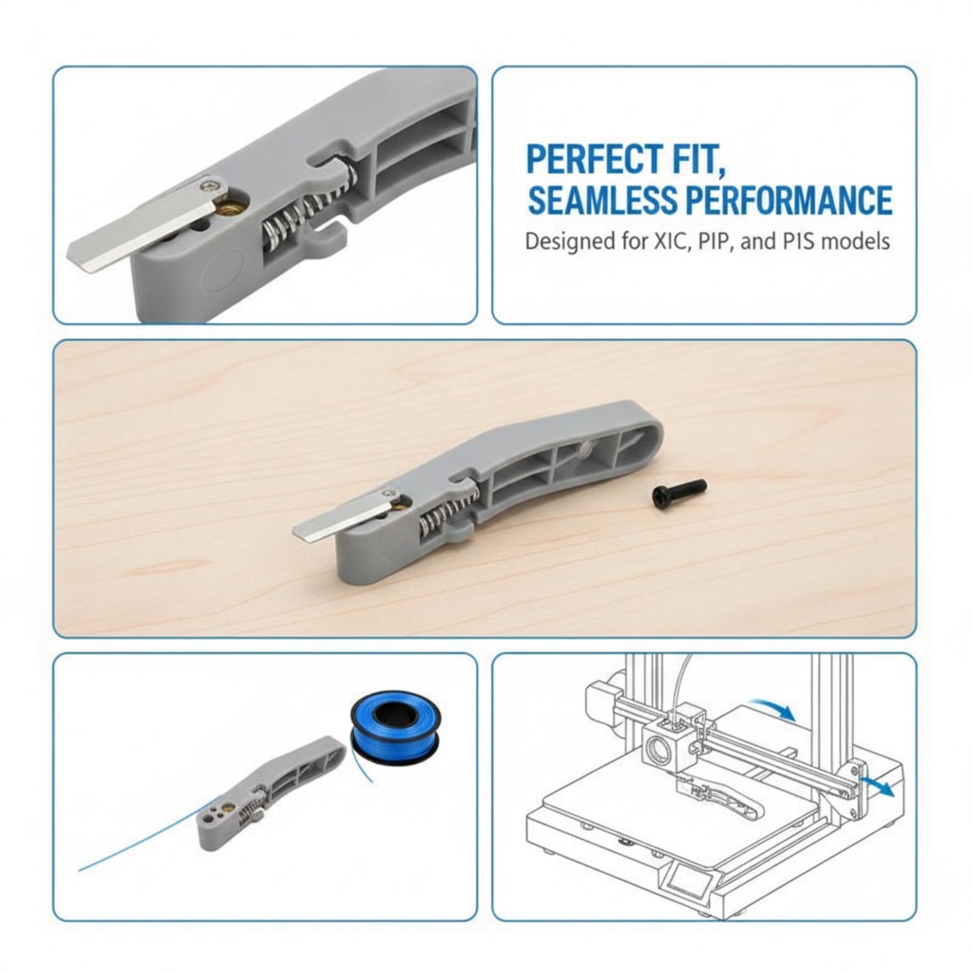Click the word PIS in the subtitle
[797, 241]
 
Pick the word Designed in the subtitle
[568, 242]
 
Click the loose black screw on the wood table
[679, 491]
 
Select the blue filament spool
[396, 725]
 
